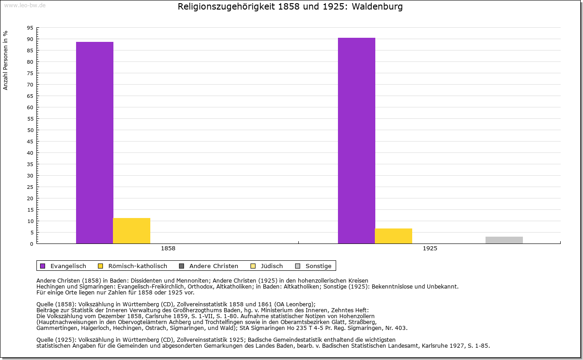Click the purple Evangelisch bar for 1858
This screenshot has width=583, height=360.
(x=94, y=142)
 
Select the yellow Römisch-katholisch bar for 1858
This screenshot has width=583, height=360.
(x=132, y=231)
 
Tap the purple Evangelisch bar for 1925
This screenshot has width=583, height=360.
(x=356, y=141)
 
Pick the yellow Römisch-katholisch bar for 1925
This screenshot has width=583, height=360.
(x=394, y=236)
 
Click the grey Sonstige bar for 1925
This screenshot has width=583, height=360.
(x=504, y=240)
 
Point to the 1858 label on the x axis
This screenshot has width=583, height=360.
(x=168, y=249)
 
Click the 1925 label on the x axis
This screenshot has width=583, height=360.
(x=430, y=249)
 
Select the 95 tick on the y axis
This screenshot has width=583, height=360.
(x=30, y=28)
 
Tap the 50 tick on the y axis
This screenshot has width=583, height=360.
(x=30, y=130)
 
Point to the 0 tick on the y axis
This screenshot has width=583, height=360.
(x=31, y=244)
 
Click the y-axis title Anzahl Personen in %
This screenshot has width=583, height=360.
(x=5, y=60)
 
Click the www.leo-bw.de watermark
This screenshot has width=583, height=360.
(x=24, y=5)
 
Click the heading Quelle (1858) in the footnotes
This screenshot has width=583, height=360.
(x=56, y=304)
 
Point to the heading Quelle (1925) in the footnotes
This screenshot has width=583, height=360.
(x=56, y=340)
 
